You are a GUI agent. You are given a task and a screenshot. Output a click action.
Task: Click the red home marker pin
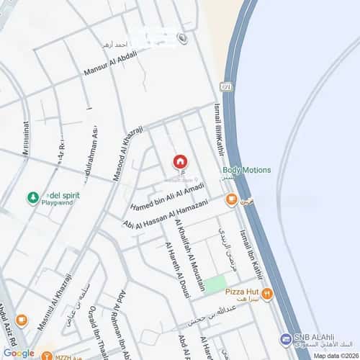tap(180, 162)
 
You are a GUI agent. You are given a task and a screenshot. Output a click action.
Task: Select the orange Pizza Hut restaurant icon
tap(267, 293)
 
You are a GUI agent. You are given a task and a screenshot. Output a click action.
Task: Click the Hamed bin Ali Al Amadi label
tap(168, 197)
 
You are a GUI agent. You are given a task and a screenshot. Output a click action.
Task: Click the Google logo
tap(18, 353)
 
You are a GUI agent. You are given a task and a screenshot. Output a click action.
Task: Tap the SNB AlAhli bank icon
tap(286, 338)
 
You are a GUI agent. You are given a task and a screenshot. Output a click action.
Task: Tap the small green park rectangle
tap(214, 284)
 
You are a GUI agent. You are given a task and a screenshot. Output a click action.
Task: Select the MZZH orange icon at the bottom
tap(47, 355)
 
